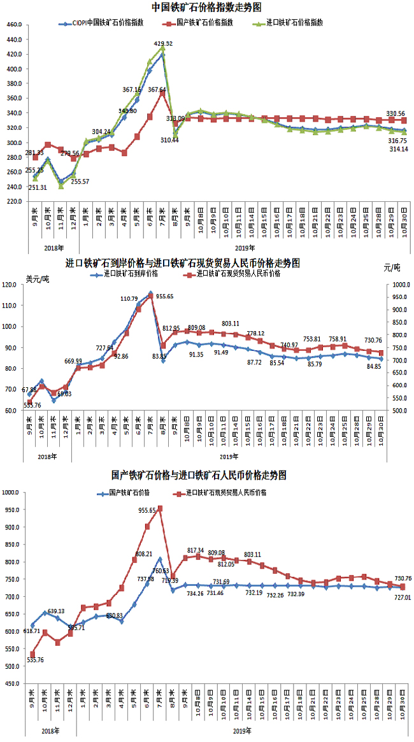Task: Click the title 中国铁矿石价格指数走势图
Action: point(206,7)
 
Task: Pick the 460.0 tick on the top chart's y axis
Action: point(14,25)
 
